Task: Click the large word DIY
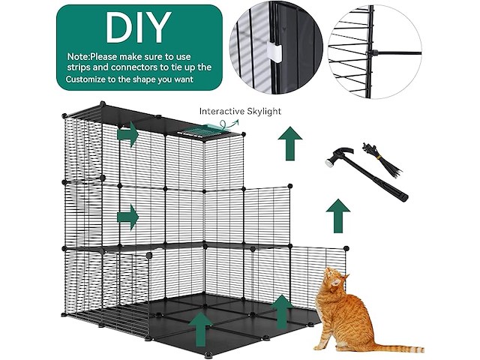[138, 27]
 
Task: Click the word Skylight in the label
[263, 112]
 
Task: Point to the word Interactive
[221, 111]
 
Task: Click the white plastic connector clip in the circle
[274, 52]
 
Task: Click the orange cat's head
[334, 278]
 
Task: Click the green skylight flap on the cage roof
[211, 127]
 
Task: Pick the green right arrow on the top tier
[127, 134]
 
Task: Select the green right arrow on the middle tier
[127, 217]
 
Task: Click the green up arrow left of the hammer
[290, 143]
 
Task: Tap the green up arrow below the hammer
[338, 216]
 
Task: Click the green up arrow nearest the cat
[282, 312]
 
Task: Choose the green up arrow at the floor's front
[200, 329]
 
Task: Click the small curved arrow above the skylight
[229, 124]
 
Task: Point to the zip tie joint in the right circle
[372, 53]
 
